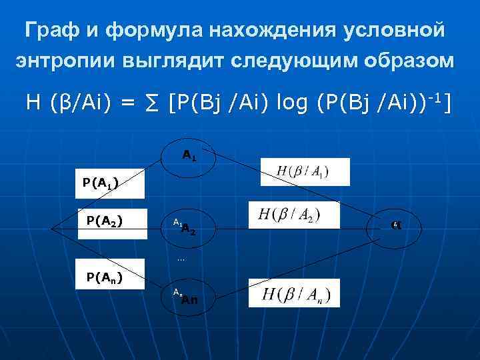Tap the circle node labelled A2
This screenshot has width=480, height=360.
click(x=189, y=228)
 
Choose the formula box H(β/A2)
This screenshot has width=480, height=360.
click(x=293, y=215)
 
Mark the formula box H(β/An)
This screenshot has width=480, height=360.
click(x=293, y=293)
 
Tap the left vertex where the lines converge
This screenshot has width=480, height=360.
click(x=53, y=228)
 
